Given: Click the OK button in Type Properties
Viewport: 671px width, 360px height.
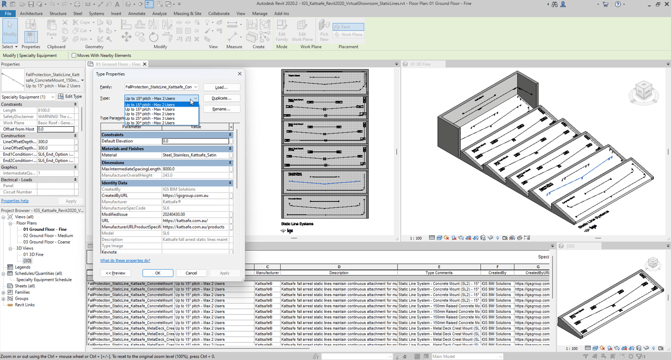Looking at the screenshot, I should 158,273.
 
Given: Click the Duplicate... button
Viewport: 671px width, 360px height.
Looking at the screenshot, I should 222,98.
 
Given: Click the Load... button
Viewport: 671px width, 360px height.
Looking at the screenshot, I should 222,87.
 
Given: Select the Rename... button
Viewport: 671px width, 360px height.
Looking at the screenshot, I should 222,109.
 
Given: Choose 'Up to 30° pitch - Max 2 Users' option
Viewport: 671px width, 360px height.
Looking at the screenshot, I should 150,123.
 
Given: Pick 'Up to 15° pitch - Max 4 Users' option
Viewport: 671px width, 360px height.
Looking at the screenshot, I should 150,109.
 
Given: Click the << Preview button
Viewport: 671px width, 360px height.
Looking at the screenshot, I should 115,273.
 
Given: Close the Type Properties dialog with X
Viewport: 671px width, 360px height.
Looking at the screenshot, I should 240,74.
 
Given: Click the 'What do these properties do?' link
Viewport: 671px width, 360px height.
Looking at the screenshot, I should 125,261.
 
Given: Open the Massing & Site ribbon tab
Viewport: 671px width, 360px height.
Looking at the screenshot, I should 187,14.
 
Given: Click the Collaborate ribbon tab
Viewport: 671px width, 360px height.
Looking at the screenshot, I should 219,14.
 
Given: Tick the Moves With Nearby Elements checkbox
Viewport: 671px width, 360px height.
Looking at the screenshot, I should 74,55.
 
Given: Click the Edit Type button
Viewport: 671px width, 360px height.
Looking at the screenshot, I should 70,97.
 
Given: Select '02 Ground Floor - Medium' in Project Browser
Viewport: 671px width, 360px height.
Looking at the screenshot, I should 48,236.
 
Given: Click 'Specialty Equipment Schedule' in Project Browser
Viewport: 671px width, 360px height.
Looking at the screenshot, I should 44,279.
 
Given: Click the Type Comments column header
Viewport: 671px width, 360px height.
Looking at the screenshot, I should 439,273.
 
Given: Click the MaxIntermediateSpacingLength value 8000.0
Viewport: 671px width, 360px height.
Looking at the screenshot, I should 195,169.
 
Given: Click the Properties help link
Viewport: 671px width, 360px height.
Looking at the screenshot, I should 15,201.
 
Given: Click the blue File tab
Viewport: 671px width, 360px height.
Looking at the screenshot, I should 8,14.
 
